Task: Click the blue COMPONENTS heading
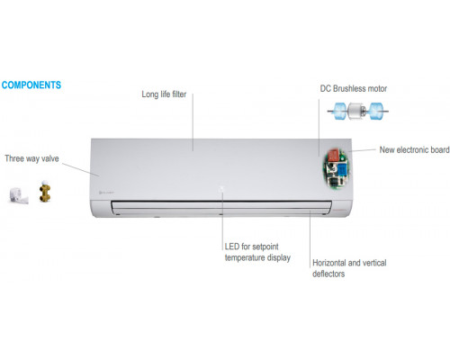coord(31,85)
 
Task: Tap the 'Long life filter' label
coord(164,94)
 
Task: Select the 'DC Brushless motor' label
coord(354,88)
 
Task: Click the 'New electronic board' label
coord(414,149)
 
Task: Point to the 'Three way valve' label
coord(31,158)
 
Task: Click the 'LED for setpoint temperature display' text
coord(257,252)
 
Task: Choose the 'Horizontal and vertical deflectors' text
coord(349,268)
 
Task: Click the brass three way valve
coord(45,192)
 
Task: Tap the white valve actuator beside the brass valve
coord(19,195)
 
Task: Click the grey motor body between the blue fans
coord(356,111)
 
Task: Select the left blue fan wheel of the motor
coord(340,111)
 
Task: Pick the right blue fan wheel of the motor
coord(376,111)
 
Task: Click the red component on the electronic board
coord(334,156)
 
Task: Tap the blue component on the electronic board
coord(342,168)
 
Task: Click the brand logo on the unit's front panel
coord(106,192)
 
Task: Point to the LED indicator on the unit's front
coord(221,188)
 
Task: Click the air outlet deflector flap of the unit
coord(221,208)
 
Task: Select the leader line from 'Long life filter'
coord(193,122)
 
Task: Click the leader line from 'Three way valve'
coord(80,169)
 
